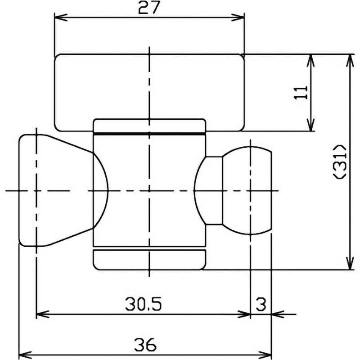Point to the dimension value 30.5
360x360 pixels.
(x=143, y=305)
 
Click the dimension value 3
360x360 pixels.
(x=261, y=305)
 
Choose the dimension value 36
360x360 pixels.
(x=145, y=345)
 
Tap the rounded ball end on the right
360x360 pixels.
(x=250, y=190)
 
